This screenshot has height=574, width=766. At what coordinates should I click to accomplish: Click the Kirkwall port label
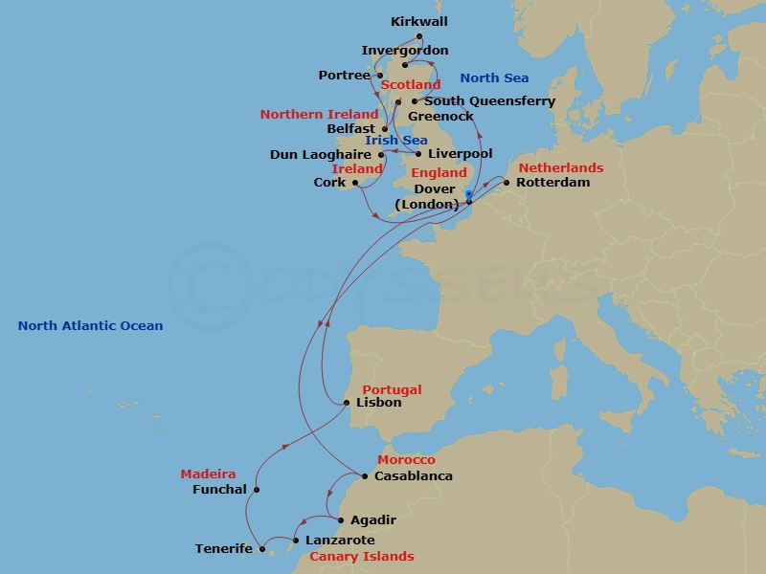coord(419,21)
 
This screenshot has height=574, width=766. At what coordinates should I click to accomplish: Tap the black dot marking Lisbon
coord(347,403)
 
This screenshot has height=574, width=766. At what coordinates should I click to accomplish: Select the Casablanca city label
coord(414,475)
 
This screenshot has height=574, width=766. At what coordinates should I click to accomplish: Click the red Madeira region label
coord(208,474)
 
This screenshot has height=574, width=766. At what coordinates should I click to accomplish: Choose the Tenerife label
coord(224,549)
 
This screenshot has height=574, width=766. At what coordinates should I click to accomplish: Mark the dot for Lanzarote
coord(296,540)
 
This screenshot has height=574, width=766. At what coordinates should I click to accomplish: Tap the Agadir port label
coord(373,520)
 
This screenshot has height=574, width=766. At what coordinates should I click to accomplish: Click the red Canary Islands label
coord(361,557)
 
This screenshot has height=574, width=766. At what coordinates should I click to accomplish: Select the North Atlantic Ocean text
coord(90,326)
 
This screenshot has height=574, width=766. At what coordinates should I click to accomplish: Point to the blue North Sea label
coord(494,78)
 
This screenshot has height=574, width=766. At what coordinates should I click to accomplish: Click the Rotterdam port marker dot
coord(507,182)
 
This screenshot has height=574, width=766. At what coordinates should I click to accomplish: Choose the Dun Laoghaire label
coord(322,154)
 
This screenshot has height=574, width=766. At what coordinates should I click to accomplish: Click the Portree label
coord(345,76)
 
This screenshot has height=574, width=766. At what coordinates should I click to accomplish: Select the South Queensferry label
coord(489,101)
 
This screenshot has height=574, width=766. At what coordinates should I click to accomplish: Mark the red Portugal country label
coord(392,390)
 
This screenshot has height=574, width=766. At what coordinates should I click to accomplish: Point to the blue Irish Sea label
coord(395,141)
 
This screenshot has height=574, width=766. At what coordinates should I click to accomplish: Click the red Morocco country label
coord(406,461)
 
